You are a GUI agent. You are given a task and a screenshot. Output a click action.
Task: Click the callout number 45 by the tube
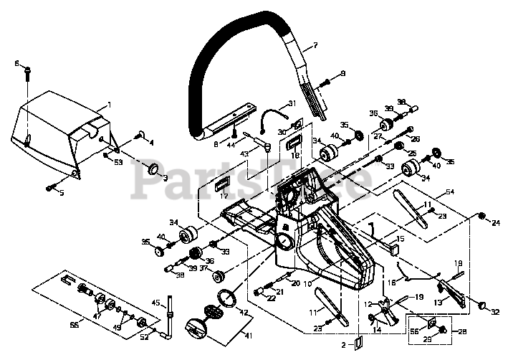(x=155, y=302)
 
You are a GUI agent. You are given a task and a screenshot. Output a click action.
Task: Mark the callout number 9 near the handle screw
(x=342, y=73)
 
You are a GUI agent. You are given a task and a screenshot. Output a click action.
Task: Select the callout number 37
(x=203, y=269)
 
